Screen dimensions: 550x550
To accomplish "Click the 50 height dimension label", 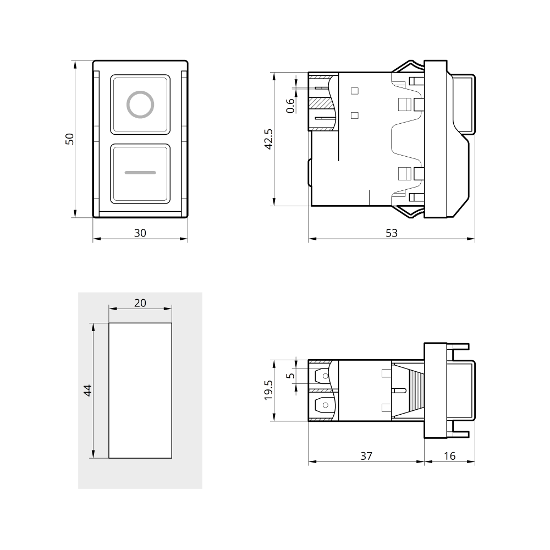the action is tap(70, 139).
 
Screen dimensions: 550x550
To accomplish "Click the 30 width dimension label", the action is tap(140, 233).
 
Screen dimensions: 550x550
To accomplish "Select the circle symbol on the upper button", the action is tap(140, 105).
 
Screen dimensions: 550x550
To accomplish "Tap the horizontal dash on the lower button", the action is tap(140, 173).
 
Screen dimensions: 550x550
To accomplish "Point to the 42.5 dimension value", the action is tap(268, 139).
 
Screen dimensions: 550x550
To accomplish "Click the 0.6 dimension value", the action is tap(290, 106).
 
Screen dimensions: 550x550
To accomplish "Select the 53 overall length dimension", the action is tap(392, 233).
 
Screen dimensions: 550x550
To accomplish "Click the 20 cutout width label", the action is tap(140, 302).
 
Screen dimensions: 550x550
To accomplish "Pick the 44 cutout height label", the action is tap(87, 391).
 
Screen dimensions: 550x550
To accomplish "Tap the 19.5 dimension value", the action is tap(268, 390).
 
